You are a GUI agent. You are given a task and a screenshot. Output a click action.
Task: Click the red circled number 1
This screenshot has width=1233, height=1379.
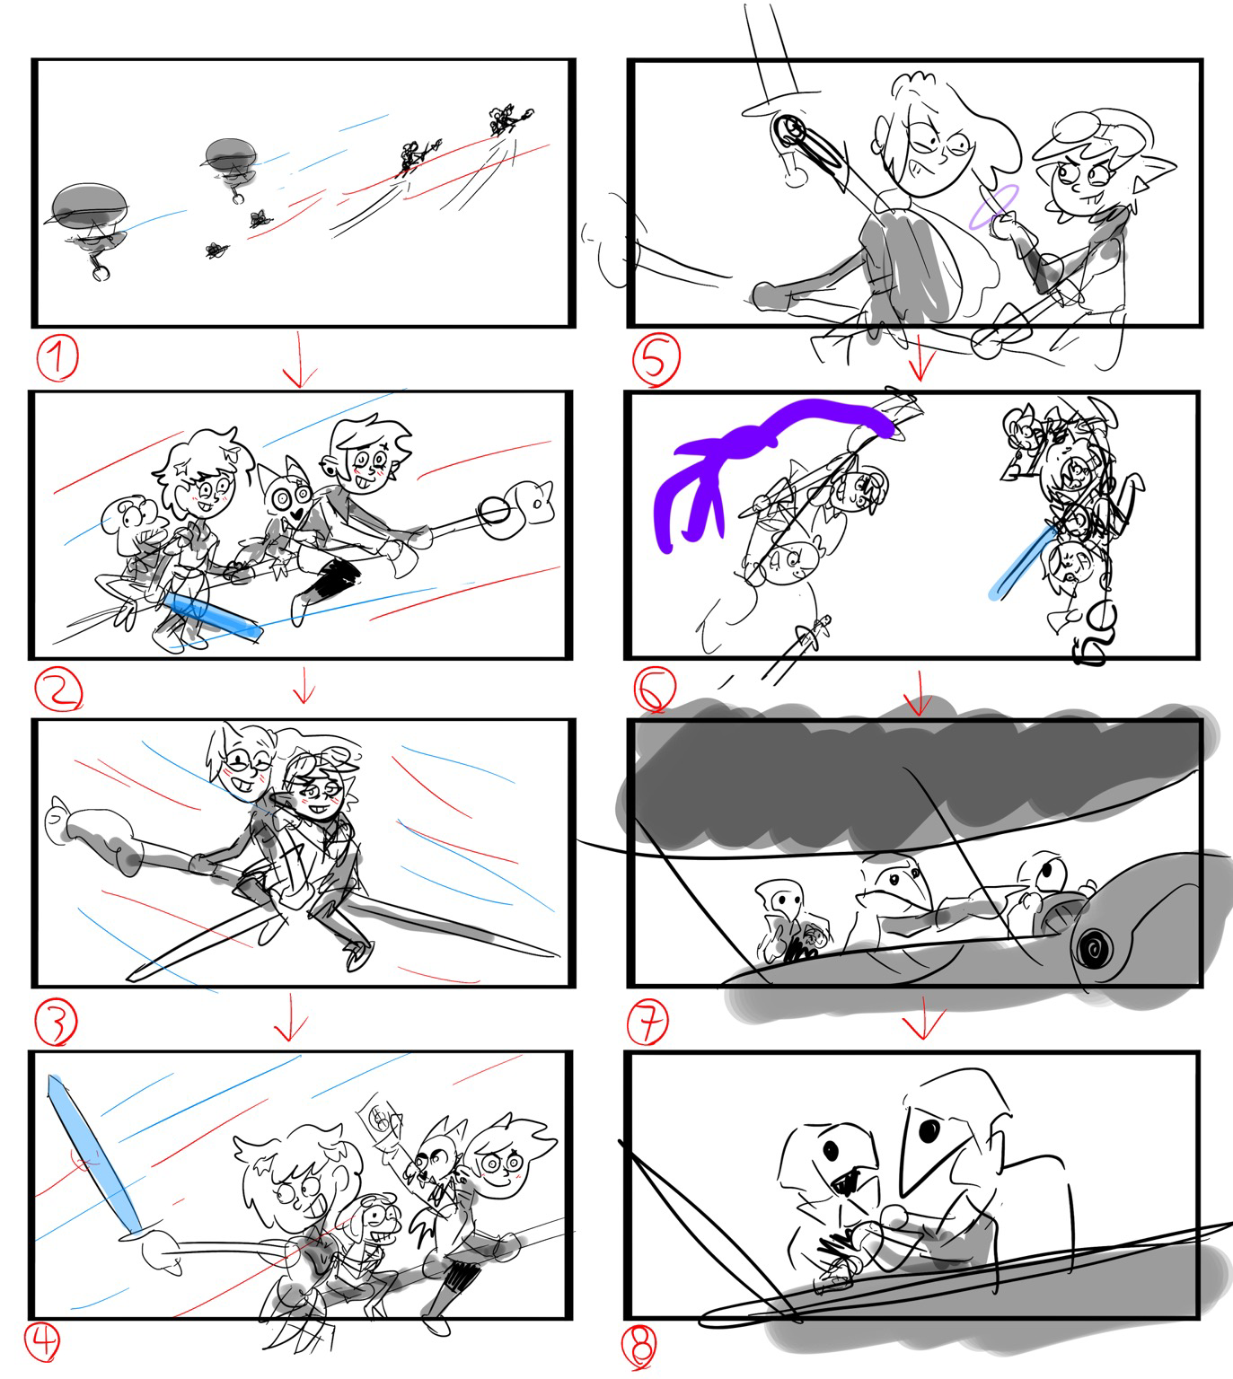click(57, 358)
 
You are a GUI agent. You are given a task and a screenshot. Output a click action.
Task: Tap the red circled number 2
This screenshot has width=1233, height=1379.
click(58, 689)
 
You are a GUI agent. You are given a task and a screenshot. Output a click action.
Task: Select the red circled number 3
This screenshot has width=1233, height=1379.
click(57, 1021)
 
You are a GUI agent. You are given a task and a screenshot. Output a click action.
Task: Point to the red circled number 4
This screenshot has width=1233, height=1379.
click(42, 1341)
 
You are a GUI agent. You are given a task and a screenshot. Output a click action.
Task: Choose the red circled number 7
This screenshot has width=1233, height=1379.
click(647, 1021)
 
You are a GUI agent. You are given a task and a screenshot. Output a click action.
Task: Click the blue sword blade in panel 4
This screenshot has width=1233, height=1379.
click(94, 1154)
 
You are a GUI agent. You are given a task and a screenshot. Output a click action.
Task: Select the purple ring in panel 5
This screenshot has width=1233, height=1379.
click(994, 206)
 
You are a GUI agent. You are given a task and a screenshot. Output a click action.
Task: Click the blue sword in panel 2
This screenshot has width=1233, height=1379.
click(213, 615)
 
